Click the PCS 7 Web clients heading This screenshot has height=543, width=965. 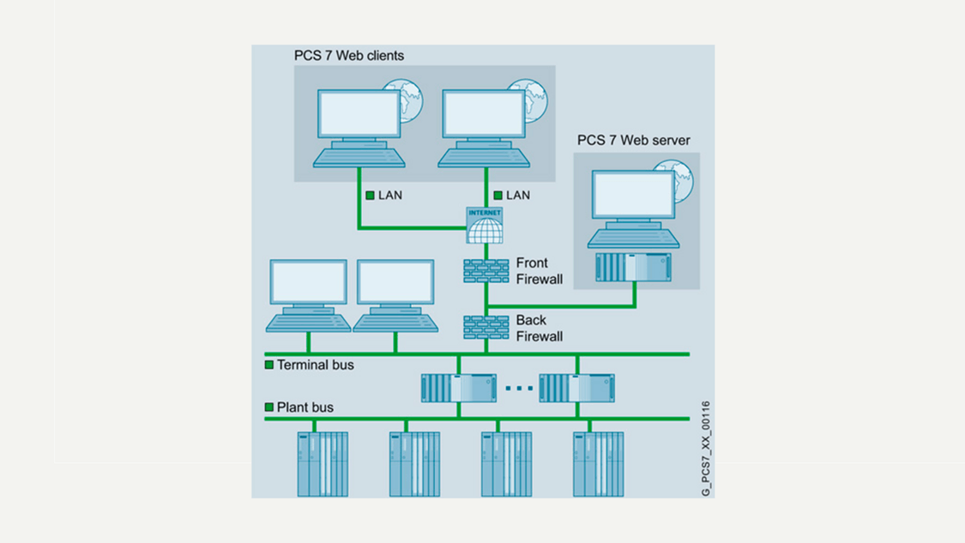(x=348, y=56)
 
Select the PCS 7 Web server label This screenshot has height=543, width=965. (x=633, y=140)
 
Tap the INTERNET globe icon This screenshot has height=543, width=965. (x=485, y=226)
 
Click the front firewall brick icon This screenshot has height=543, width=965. (x=486, y=271)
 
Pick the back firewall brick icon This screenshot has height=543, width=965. (x=486, y=328)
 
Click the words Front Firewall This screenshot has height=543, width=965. (x=539, y=271)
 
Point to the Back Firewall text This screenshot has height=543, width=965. (x=539, y=329)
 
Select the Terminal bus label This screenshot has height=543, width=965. (x=315, y=365)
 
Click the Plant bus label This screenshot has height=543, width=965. (x=305, y=407)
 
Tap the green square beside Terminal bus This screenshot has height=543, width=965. (x=269, y=365)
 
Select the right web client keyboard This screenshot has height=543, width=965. (x=484, y=157)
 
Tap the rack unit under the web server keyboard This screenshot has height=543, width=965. (x=633, y=268)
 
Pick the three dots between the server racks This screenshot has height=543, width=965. (x=518, y=389)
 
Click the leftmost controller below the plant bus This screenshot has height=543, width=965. (x=323, y=464)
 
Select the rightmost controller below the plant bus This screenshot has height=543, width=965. (x=598, y=464)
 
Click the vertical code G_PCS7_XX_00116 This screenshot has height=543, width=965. (x=706, y=448)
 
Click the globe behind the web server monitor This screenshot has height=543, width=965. (x=684, y=178)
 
